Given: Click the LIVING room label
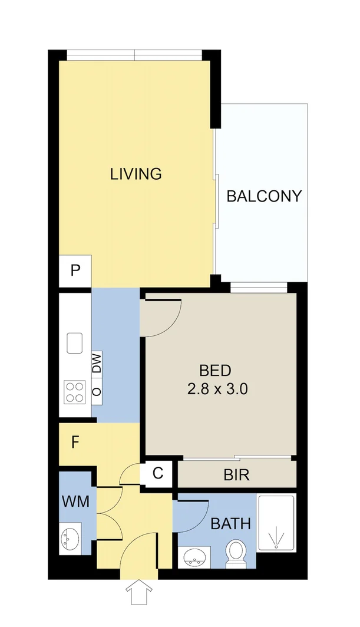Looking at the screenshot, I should tap(136, 174).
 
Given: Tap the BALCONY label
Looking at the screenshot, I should tap(264, 196).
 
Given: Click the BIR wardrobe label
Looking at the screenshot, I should tap(236, 475).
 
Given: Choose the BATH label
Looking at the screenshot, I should tap(231, 523).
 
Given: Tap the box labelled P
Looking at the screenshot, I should tap(75, 271).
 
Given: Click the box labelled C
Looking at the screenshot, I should tap(157, 473).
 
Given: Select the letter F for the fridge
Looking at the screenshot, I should tap(75, 443).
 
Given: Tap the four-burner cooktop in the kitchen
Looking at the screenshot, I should tap(75, 392).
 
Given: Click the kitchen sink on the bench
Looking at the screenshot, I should tap(75, 342).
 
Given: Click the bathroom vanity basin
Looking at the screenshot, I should tap(194, 556).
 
